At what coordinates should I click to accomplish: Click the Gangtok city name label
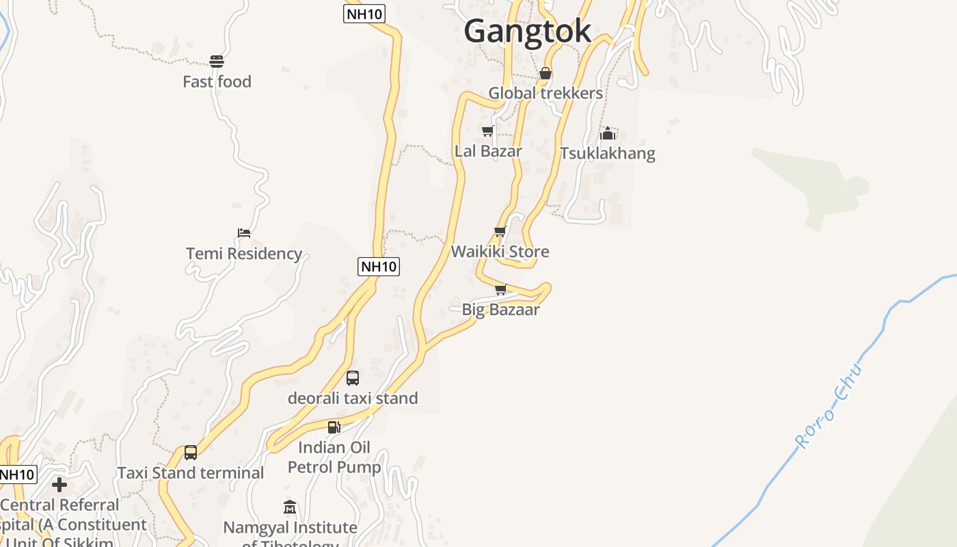[x=527, y=31]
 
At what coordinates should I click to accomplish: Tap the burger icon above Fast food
[x=217, y=62]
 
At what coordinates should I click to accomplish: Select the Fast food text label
[x=217, y=82]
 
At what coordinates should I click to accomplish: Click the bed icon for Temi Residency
[x=243, y=233]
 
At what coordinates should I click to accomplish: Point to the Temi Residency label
[x=244, y=254]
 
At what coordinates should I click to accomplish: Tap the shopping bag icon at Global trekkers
[x=545, y=73]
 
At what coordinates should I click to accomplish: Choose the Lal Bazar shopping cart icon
[x=487, y=131]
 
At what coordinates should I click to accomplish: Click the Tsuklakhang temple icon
[x=608, y=133]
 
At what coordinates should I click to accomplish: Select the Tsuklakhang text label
[x=607, y=153]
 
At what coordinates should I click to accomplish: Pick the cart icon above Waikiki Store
[x=500, y=232]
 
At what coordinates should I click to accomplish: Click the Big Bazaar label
[x=500, y=310]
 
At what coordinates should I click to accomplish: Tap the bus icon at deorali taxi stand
[x=353, y=378]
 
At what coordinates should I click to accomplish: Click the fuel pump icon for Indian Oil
[x=334, y=427]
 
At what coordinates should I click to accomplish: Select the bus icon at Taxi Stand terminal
[x=191, y=453]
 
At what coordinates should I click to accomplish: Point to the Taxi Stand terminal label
[x=190, y=473]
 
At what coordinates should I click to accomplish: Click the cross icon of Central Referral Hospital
[x=59, y=485]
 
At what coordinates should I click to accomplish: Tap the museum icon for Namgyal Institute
[x=290, y=507]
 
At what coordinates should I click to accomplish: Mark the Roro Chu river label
[x=830, y=408]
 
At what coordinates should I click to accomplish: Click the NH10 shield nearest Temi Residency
[x=379, y=267]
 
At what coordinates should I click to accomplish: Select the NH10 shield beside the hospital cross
[x=17, y=475]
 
